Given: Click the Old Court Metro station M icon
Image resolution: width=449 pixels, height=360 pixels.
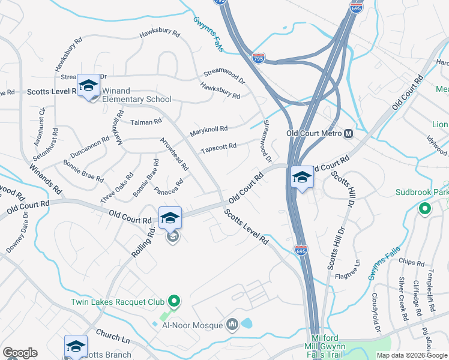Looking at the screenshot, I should coord(348,133).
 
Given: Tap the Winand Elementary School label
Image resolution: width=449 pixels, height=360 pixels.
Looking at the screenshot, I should coord(137,100).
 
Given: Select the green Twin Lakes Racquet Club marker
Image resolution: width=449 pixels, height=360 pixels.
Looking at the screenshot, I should coord(174,300).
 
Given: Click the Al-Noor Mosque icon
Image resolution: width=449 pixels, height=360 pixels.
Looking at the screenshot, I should coord(232,325).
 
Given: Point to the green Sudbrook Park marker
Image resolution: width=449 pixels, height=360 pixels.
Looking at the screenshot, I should coord(425,209).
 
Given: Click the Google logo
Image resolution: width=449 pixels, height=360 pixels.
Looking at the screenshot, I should coord(20,353).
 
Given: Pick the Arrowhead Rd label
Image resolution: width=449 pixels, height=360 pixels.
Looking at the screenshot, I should coord(174,154).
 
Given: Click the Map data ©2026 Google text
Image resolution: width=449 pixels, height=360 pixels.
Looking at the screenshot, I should coord(411,355).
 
